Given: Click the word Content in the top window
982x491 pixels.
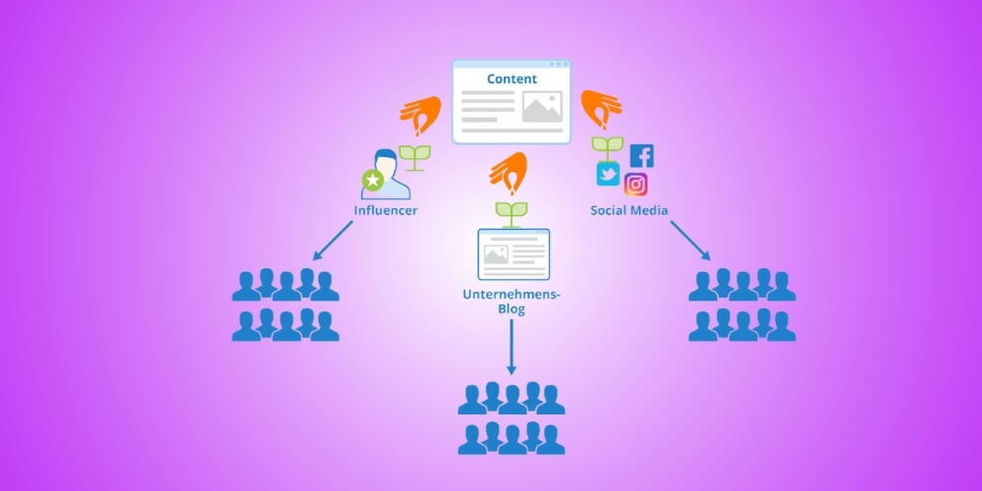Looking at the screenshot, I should (x=512, y=79).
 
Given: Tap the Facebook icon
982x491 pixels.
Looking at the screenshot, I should (x=641, y=155).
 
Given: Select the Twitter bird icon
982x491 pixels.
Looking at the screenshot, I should (x=608, y=175).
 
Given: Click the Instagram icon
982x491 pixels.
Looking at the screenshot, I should (x=635, y=185).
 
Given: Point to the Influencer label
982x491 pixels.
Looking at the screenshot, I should (x=386, y=210).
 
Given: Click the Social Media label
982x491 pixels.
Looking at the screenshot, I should (x=628, y=210).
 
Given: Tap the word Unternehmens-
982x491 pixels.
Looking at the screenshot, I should (x=511, y=294).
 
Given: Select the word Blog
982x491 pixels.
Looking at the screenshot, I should (x=511, y=309).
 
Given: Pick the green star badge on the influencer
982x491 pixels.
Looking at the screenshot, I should (x=372, y=180).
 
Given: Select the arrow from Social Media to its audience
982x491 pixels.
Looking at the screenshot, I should (x=690, y=241).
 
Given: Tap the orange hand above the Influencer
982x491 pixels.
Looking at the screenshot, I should (x=419, y=115).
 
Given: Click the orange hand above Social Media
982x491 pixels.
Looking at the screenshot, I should (x=601, y=109).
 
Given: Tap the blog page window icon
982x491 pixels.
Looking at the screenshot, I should (x=513, y=253).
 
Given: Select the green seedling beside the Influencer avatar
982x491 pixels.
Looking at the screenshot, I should (x=416, y=158).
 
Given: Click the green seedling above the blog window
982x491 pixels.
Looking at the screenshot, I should (x=511, y=212).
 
